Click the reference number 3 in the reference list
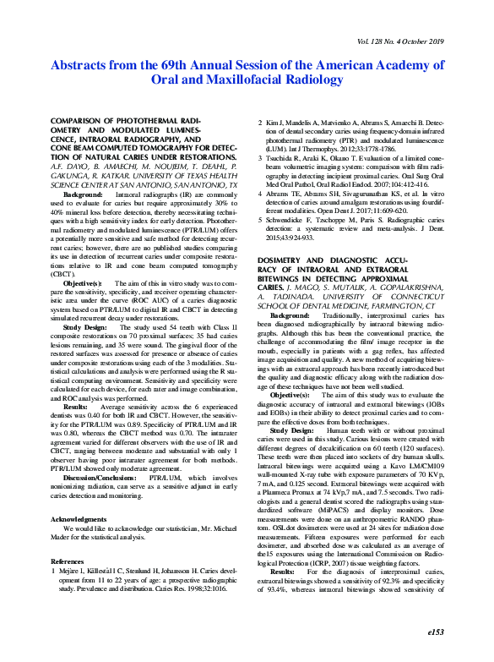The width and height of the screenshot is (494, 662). click(258, 159)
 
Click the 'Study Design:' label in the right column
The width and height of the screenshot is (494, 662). click(291, 429)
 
